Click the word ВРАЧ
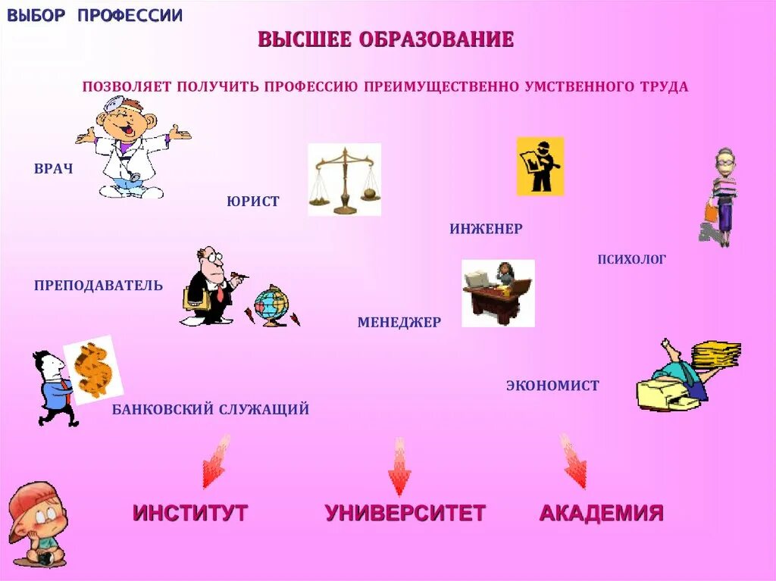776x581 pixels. [53, 168]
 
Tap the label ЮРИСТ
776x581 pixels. [252, 201]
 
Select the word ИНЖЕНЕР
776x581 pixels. [486, 228]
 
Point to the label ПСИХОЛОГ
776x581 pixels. [631, 259]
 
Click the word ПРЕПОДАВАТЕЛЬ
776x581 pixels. [99, 285]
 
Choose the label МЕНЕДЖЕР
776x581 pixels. [399, 322]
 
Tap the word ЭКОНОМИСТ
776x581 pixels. [552, 386]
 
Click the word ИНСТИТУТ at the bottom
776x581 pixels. [190, 513]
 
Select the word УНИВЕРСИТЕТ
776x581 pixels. [405, 513]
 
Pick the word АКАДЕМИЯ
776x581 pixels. [601, 513]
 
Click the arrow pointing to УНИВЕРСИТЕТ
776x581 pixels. [399, 466]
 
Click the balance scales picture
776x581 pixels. [344, 180]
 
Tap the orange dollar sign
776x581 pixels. [94, 369]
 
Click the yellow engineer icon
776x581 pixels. [540, 166]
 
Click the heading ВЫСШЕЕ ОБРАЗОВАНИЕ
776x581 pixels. [386, 39]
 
